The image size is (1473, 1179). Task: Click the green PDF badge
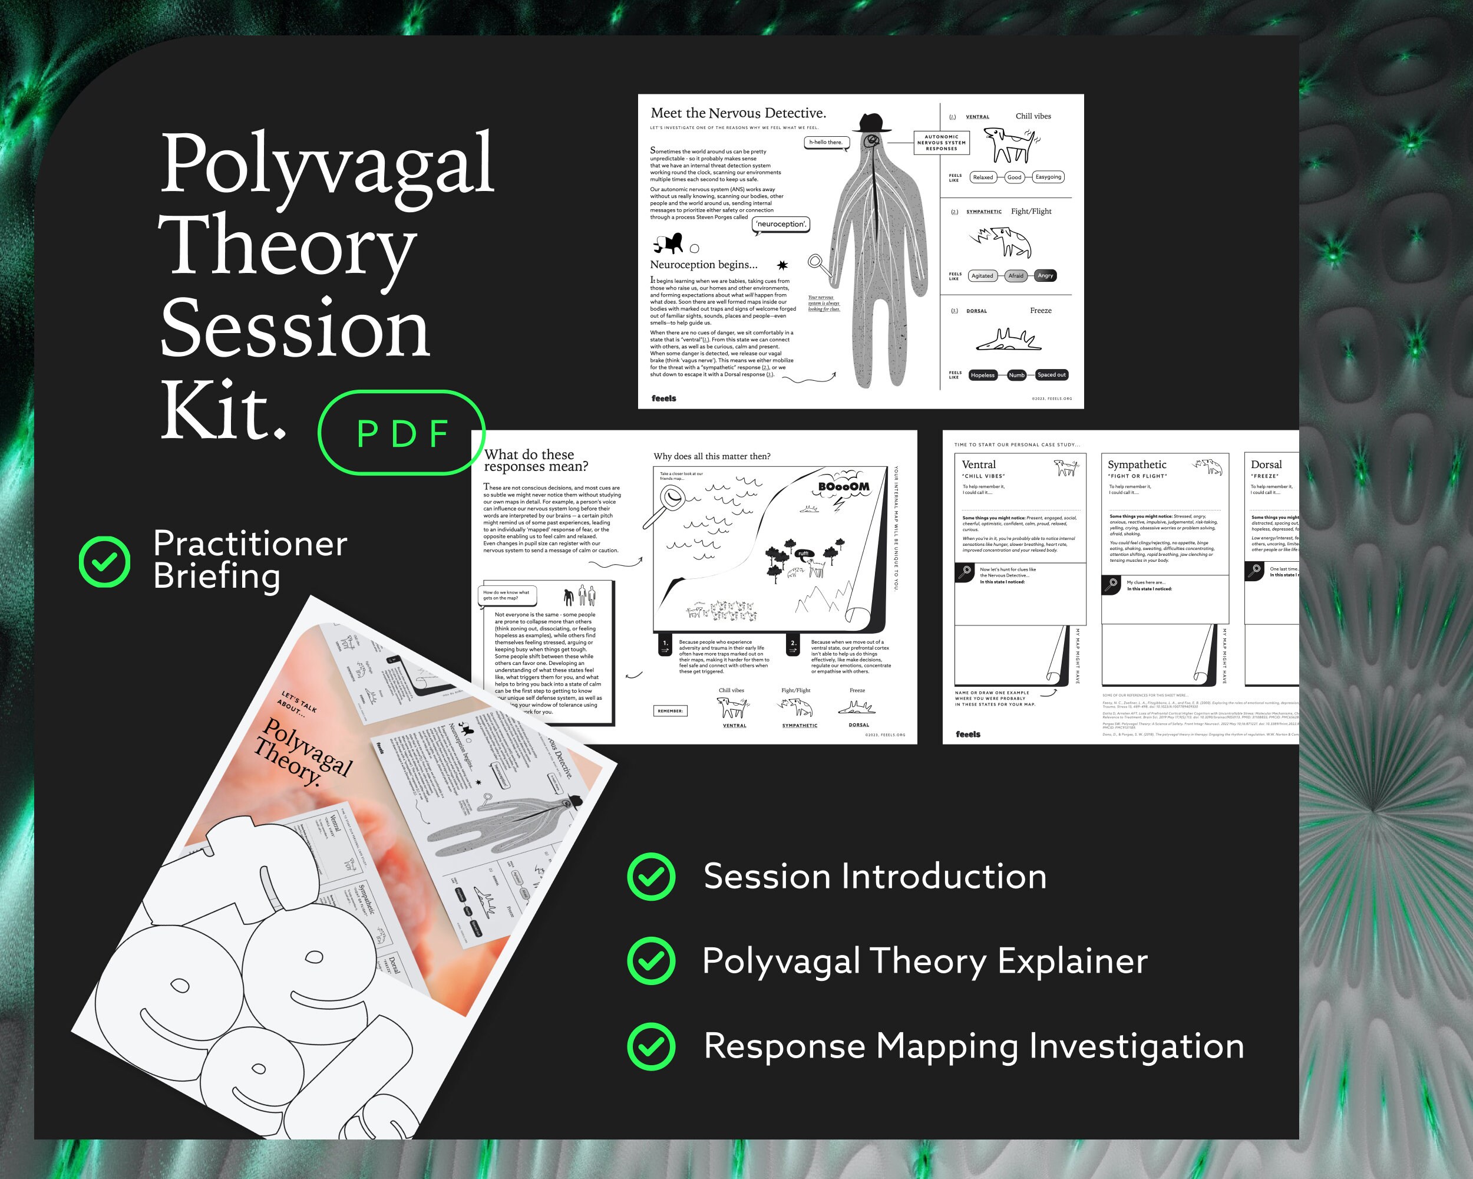(x=402, y=433)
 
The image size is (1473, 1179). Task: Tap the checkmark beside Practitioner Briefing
(x=104, y=562)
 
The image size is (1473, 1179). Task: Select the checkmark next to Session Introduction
(x=652, y=876)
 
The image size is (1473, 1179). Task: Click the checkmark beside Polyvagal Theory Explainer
(x=652, y=960)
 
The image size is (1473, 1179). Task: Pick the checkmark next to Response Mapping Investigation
(x=652, y=1046)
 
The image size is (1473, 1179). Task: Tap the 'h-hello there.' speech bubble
(x=826, y=142)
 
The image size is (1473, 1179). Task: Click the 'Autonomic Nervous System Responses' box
(x=941, y=143)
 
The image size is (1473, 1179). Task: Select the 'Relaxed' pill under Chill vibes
(x=982, y=177)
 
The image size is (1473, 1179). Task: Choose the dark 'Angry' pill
(x=1045, y=275)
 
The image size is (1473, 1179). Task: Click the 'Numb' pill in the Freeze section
(x=1016, y=374)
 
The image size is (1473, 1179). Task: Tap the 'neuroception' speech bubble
(x=781, y=224)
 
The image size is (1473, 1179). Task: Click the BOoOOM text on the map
(x=844, y=487)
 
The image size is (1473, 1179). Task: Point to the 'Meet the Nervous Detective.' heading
(x=738, y=113)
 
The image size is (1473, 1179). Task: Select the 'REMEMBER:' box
(x=671, y=711)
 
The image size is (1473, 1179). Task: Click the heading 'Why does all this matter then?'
(x=712, y=456)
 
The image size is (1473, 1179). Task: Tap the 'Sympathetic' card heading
(x=1137, y=465)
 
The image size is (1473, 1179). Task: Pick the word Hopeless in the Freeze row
(x=982, y=374)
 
